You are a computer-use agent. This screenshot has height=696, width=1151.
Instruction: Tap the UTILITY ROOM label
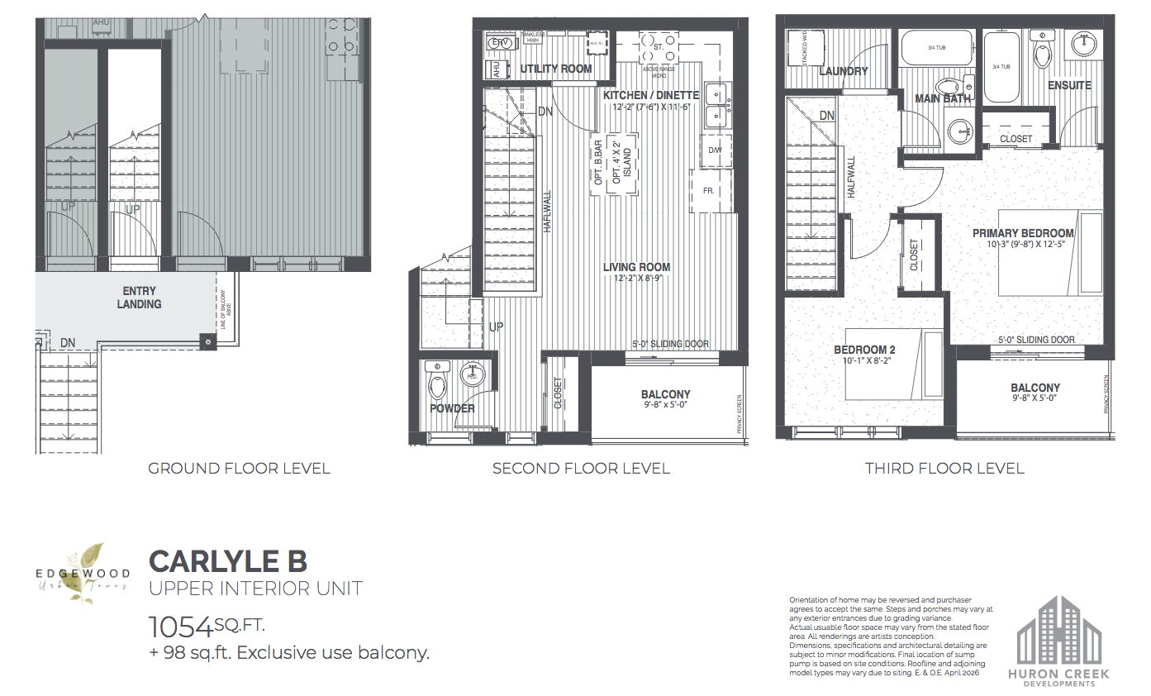tap(555, 69)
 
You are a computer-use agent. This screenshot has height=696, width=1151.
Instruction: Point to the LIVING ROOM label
tap(636, 267)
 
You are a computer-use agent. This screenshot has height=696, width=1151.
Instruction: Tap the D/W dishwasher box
tap(714, 150)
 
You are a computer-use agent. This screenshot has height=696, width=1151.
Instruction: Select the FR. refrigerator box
tap(708, 191)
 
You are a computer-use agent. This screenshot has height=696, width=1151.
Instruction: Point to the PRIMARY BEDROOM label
tap(1023, 233)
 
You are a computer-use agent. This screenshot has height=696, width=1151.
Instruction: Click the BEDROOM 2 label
tap(863, 350)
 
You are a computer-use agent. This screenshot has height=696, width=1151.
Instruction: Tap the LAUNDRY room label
tap(842, 71)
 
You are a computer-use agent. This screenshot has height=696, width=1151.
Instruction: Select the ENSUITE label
tap(1069, 85)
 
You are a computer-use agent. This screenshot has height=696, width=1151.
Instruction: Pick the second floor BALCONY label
tap(665, 394)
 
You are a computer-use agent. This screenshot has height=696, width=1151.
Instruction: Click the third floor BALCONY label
tap(1034, 388)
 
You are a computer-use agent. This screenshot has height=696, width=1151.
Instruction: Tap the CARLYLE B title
tap(227, 560)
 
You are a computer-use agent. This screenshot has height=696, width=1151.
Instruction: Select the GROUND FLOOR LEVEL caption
tap(239, 469)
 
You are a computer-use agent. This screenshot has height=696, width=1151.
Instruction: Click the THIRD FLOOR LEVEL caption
tap(944, 469)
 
